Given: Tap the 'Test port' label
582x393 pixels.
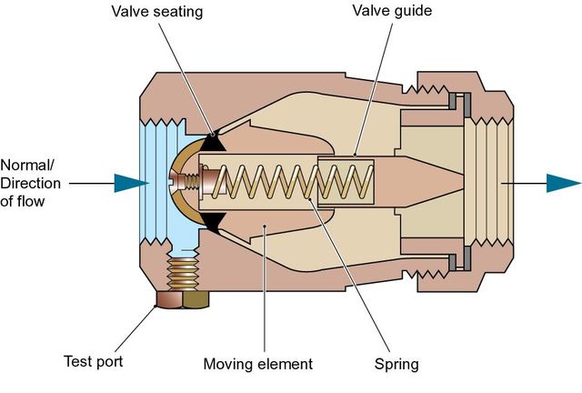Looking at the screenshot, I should (x=94, y=362).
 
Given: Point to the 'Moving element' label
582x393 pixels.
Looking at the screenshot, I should (x=257, y=364).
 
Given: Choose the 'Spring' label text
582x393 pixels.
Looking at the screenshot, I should (x=396, y=364).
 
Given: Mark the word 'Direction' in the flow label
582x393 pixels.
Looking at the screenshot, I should (x=31, y=184).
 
